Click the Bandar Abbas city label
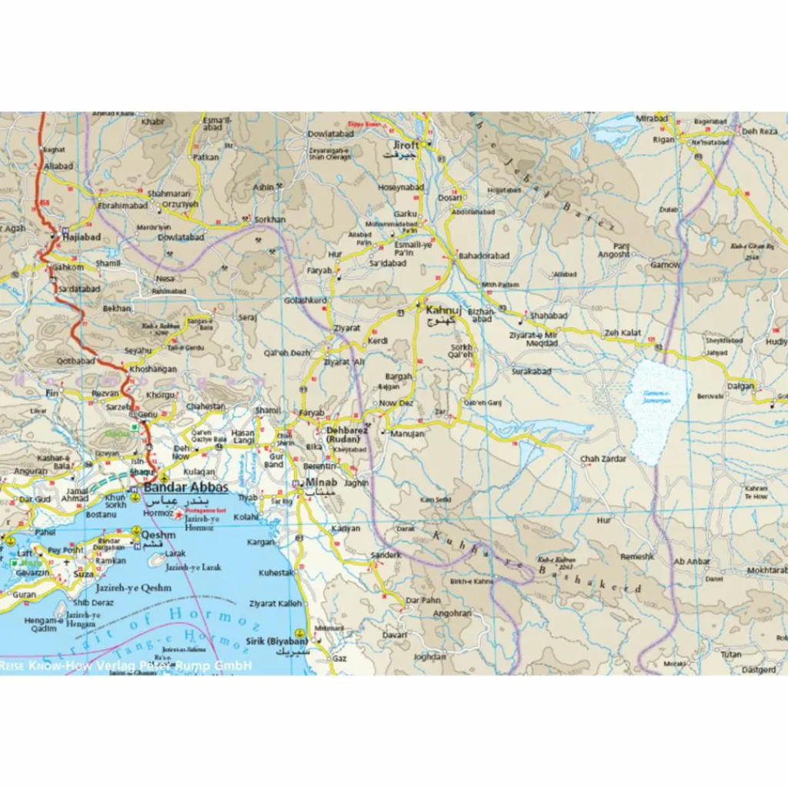[x=186, y=488]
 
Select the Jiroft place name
[x=406, y=145]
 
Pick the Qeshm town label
[x=159, y=535]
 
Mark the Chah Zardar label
[x=603, y=459]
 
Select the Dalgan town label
[x=740, y=386]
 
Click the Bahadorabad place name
[x=484, y=255]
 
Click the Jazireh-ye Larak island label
[x=193, y=567]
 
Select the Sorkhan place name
[x=269, y=219]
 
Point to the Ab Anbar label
[x=692, y=562]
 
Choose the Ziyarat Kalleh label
[x=275, y=604]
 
